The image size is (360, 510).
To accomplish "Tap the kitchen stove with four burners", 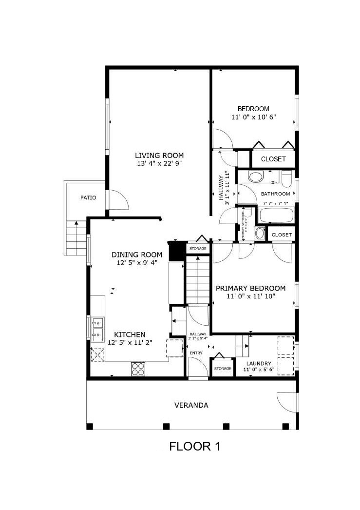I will pos(138,369).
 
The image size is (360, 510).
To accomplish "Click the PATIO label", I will pos(88,198).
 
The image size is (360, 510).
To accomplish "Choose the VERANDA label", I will pos(191,405).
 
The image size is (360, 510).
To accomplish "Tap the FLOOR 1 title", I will pos(194,446).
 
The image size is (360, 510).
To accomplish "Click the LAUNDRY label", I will pos(259,363).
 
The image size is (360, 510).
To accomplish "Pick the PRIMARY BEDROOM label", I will pos(250,288).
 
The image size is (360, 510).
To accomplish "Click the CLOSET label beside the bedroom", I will pos(273,159).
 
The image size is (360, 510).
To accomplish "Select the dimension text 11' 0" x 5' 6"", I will pos(259,370).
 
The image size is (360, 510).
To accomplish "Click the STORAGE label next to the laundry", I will pos(223,369).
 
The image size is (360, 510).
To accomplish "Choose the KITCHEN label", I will pos(130,334).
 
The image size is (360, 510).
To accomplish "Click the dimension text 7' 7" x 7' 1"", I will pos(275,203).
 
